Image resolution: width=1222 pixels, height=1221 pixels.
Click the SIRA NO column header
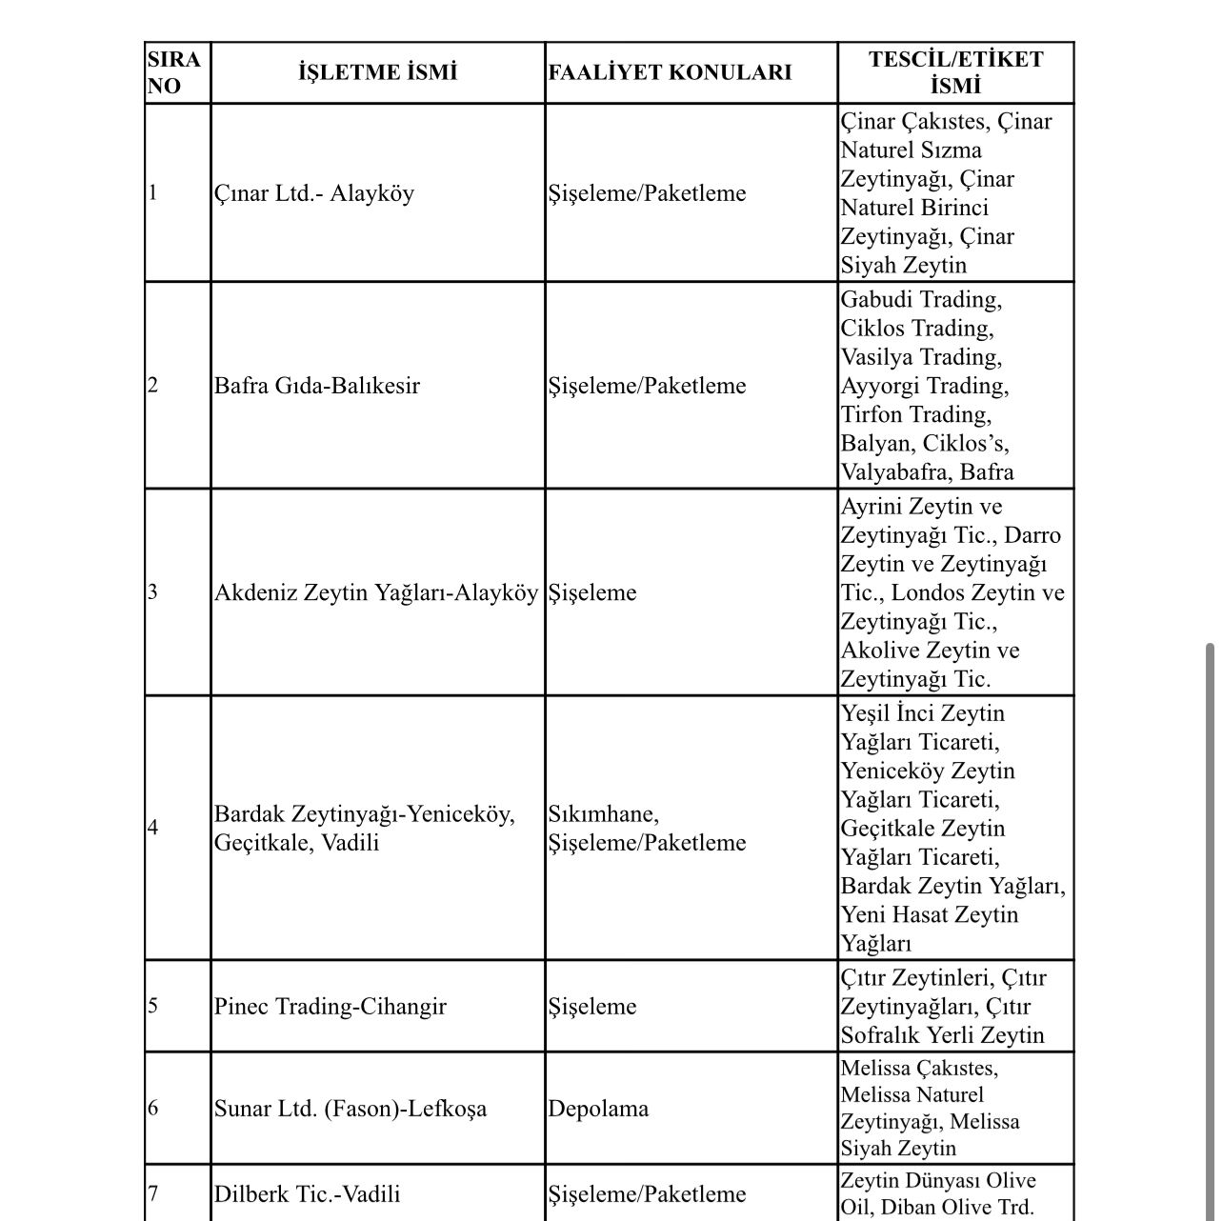click(x=174, y=72)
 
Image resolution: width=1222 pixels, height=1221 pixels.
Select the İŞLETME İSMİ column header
click(x=377, y=72)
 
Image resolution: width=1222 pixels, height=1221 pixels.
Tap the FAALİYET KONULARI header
click(x=670, y=72)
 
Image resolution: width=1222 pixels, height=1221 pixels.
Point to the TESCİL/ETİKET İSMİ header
click(x=955, y=72)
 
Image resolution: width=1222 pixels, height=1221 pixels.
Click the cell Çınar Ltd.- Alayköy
click(x=314, y=193)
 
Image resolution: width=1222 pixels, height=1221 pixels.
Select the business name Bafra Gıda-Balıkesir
click(x=316, y=386)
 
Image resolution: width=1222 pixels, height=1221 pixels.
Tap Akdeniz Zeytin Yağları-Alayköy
click(x=375, y=592)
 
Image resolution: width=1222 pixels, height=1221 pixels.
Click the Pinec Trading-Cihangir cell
click(x=330, y=1007)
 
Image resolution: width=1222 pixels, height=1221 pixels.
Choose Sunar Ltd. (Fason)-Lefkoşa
click(x=350, y=1109)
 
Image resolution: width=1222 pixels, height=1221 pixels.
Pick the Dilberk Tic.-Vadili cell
click(x=307, y=1194)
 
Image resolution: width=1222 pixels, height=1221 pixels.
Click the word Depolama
click(x=598, y=1109)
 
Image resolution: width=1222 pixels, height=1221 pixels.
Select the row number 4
click(x=153, y=827)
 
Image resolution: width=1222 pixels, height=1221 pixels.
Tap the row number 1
click(x=153, y=193)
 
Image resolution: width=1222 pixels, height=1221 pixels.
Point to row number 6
click(x=153, y=1109)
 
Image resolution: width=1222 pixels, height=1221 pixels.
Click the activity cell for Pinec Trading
click(x=592, y=1007)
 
